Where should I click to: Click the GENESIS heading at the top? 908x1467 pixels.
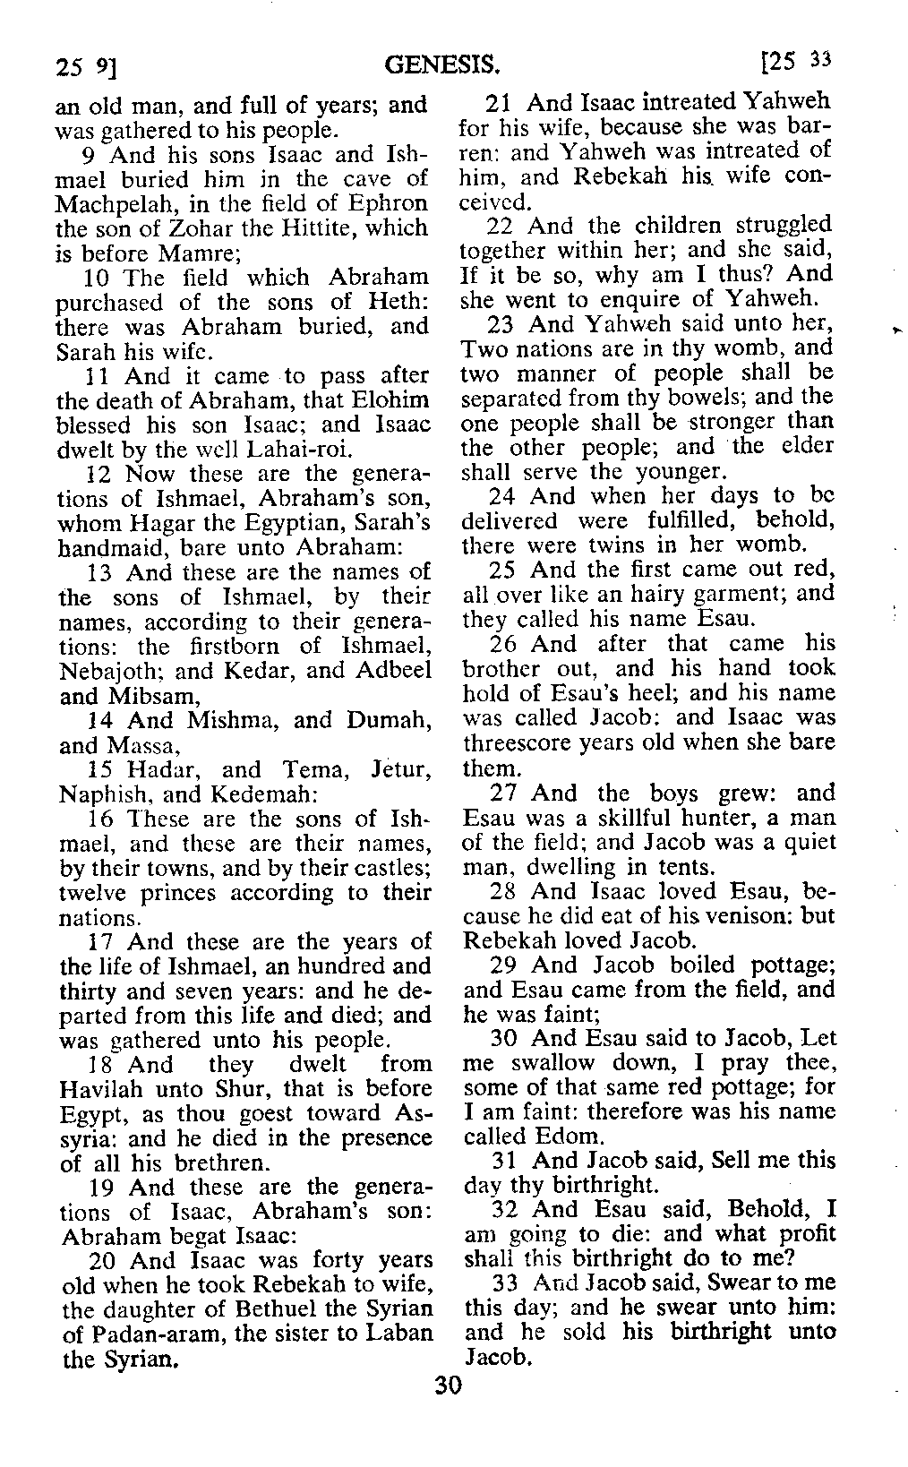(x=441, y=64)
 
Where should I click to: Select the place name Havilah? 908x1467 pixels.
(x=105, y=1090)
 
